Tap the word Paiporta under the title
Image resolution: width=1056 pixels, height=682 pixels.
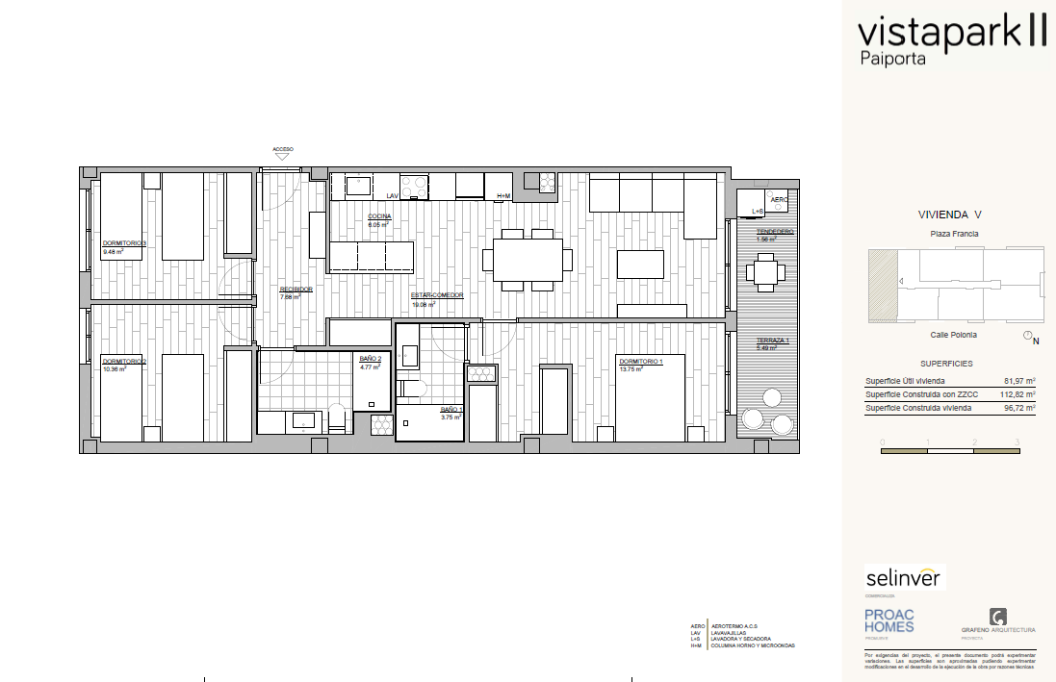click(891, 59)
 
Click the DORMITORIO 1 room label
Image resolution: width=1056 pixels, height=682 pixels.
click(641, 362)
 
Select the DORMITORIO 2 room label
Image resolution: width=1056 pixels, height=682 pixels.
click(124, 362)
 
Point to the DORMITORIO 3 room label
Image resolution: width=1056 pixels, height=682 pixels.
click(124, 243)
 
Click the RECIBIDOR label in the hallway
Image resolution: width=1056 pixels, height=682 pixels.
click(296, 289)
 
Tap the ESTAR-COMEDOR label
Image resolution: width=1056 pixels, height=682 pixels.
click(437, 295)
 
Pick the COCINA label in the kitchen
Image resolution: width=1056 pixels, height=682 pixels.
click(379, 217)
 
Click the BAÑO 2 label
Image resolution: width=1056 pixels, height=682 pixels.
click(371, 359)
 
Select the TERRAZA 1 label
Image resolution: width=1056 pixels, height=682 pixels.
click(773, 341)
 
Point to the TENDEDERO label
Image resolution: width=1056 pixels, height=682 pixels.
click(775, 232)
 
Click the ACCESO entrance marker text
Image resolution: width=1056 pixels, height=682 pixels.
click(283, 149)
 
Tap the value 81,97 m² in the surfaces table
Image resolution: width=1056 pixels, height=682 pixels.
click(1018, 381)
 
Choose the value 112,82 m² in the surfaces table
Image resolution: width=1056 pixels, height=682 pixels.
click(1017, 394)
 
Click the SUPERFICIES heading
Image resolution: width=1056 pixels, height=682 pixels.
click(946, 364)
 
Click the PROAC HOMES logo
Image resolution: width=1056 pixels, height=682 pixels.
click(889, 620)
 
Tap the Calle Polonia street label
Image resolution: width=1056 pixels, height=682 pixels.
click(953, 335)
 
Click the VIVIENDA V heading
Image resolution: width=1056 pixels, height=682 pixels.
click(949, 216)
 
